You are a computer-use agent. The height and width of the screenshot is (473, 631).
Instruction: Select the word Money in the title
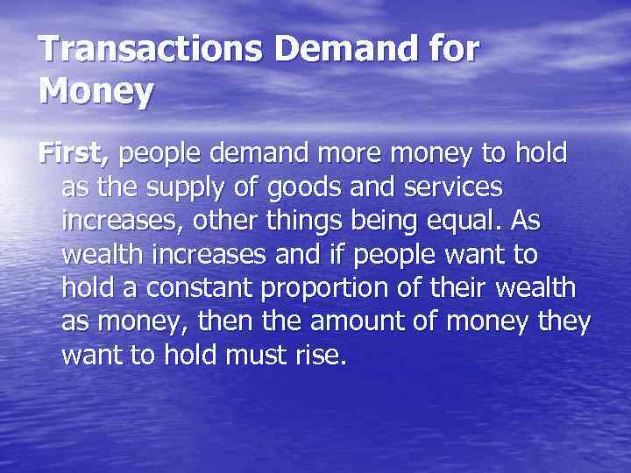(x=96, y=91)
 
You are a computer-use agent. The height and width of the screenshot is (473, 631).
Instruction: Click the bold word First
(x=74, y=155)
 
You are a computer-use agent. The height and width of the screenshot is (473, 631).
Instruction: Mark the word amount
(x=361, y=321)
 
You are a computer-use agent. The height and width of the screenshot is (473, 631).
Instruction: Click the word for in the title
(x=452, y=49)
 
